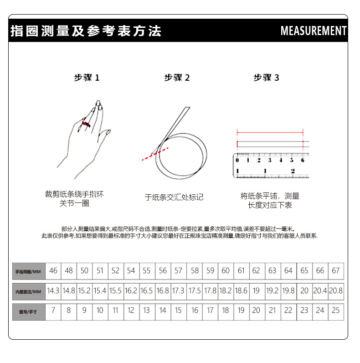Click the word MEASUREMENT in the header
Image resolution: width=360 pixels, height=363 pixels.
[313, 31]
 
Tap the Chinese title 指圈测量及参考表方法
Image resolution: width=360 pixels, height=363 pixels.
[86, 31]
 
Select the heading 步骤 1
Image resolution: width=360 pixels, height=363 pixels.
[87, 78]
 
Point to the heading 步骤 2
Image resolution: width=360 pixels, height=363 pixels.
[177, 78]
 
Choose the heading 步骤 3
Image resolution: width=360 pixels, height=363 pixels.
[266, 78]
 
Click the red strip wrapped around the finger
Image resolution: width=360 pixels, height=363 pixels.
[85, 123]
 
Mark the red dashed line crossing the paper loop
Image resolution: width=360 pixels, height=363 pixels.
[155, 154]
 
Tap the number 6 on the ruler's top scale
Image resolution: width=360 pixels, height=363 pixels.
[302, 160]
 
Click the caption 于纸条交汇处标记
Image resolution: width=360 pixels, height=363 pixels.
[174, 197]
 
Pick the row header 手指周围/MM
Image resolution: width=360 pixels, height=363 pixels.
[28, 271]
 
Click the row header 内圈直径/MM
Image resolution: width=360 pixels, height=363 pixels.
[28, 291]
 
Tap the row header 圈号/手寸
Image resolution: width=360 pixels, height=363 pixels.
[28, 311]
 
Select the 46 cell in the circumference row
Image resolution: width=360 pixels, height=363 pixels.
[53, 271]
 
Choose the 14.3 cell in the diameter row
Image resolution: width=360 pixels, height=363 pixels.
[53, 290]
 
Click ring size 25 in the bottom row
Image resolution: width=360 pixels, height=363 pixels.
[336, 311]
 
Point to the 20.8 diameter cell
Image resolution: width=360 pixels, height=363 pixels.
[336, 290]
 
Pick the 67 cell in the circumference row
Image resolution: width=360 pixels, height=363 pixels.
[336, 271]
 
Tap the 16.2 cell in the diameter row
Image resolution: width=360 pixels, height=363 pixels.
[131, 290]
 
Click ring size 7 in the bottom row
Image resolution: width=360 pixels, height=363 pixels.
[53, 311]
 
